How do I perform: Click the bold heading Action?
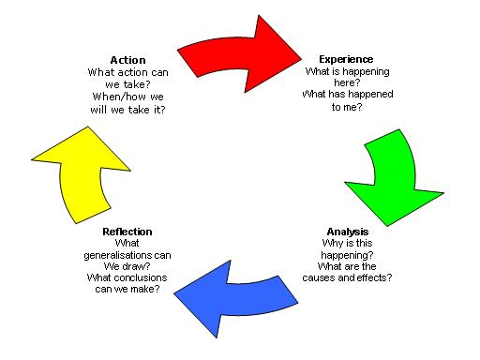[x=127, y=60]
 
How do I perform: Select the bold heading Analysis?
[x=348, y=232]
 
